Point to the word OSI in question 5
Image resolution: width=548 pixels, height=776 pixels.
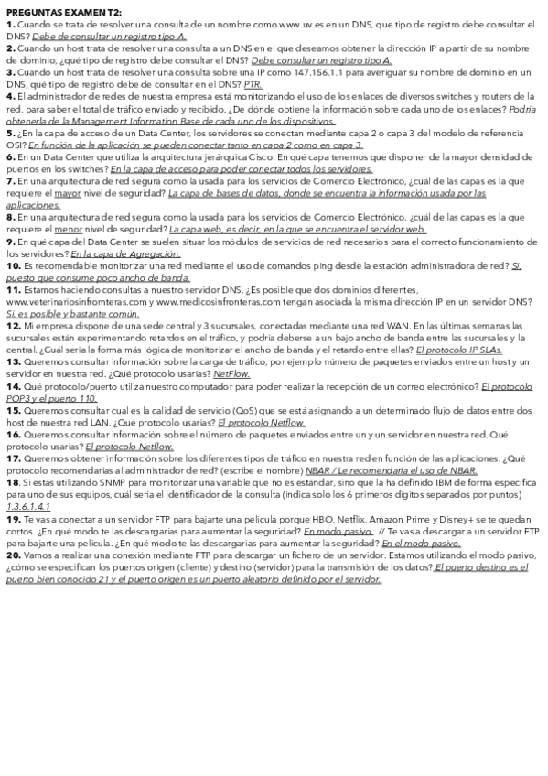[x=16, y=144]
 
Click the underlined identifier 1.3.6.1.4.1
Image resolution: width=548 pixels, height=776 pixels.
[x=28, y=505]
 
